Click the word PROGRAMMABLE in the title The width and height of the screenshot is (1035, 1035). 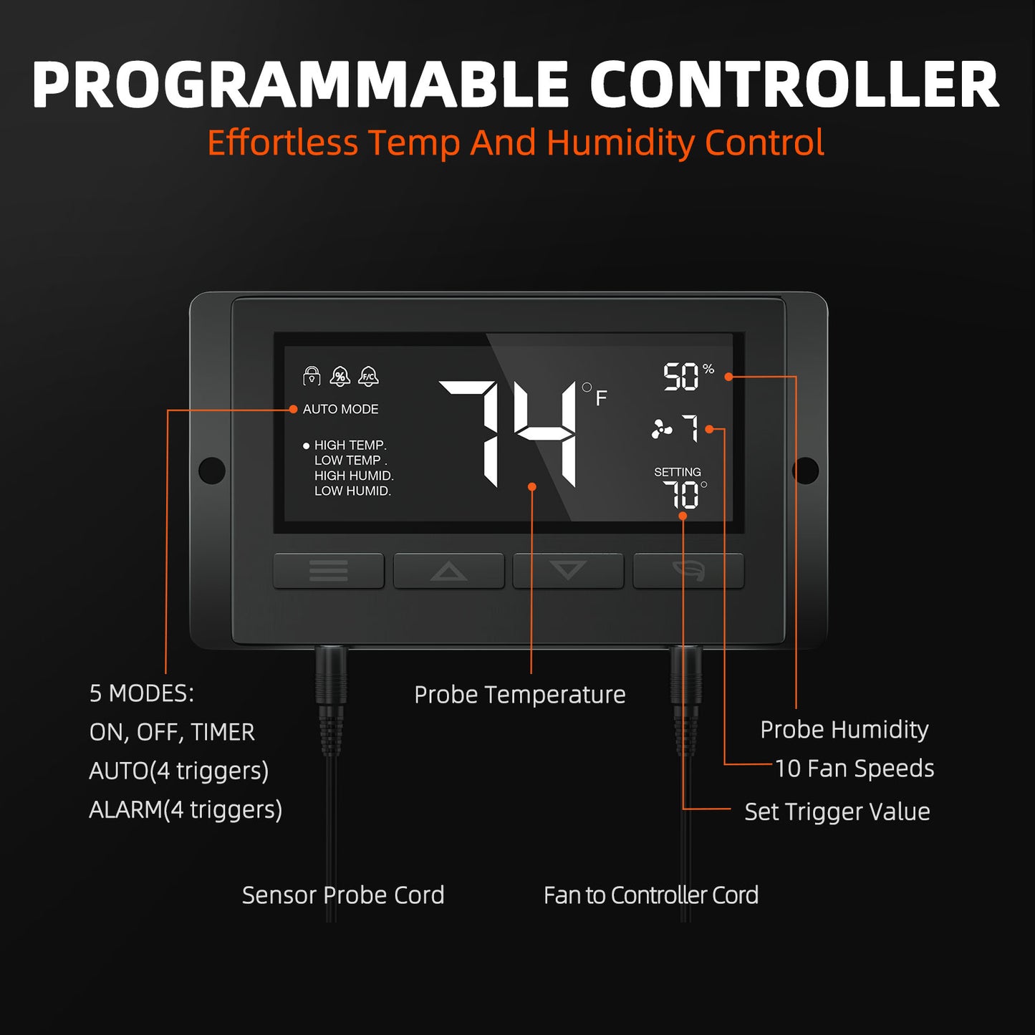tap(300, 85)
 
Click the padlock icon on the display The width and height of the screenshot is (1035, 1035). tap(312, 376)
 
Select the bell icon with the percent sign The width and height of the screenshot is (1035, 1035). tap(340, 376)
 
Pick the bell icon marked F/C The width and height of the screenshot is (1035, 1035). tap(368, 376)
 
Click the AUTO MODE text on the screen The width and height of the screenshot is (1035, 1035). tap(340, 409)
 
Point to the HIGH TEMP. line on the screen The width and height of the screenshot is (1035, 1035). tap(350, 446)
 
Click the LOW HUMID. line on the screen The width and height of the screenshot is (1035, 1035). tap(352, 491)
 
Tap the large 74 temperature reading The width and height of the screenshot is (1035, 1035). tap(508, 434)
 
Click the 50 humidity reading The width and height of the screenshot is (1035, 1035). tap(681, 377)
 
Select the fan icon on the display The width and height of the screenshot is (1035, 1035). tap(662, 428)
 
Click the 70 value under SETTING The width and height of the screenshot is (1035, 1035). tap(681, 494)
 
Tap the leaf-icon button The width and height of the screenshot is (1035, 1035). tap(688, 570)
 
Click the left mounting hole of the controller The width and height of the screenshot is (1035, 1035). tap(212, 470)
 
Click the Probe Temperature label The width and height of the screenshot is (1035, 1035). tap(520, 695)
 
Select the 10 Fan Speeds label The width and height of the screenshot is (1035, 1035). tap(855, 769)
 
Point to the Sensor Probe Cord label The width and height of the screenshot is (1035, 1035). tap(343, 895)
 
